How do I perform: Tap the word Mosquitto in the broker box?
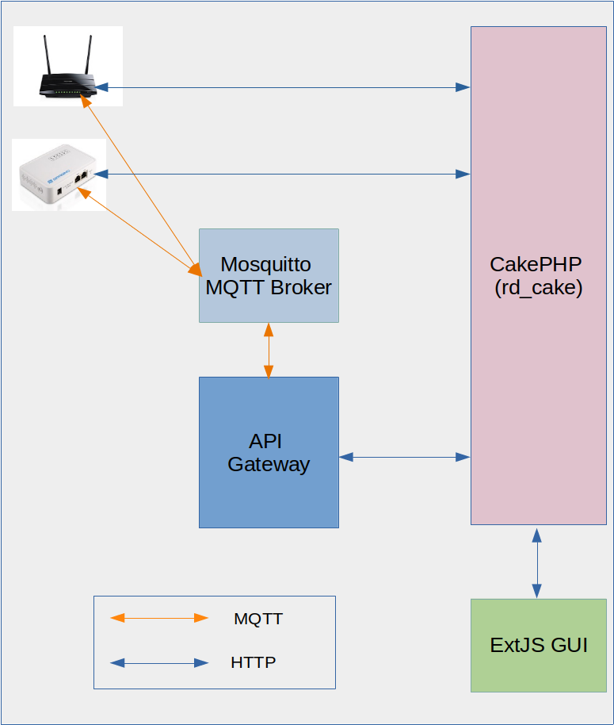(265, 264)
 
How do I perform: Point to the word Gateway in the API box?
(269, 464)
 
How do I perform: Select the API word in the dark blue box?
(265, 441)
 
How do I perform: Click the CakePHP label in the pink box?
(536, 264)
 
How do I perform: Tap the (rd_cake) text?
(538, 288)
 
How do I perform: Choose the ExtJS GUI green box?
(539, 645)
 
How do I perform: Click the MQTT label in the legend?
(258, 619)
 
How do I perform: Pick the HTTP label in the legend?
(254, 662)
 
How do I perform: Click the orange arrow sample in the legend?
(158, 618)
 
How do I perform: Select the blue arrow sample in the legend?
(158, 662)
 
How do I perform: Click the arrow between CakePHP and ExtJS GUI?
(537, 562)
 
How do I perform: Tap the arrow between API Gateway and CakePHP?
(404, 457)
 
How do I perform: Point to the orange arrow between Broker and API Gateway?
(269, 350)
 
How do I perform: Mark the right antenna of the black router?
(87, 56)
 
